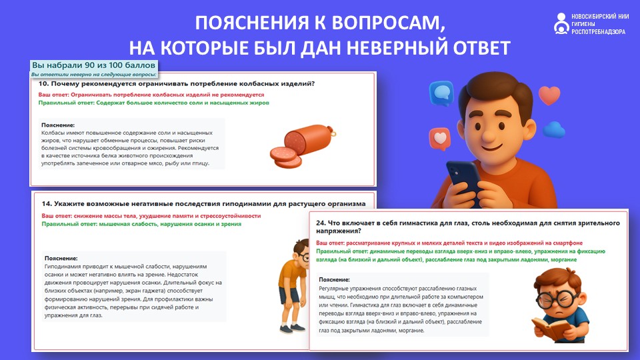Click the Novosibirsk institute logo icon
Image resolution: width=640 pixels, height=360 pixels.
click(561, 24)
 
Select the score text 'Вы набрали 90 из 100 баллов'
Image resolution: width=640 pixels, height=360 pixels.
click(94, 65)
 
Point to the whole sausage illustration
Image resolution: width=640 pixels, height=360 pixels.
click(303, 146)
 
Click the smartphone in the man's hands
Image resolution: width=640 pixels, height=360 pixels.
click(464, 179)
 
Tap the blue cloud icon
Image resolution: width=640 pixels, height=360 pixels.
click(554, 130)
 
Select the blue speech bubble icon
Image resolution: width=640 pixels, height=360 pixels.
click(441, 93)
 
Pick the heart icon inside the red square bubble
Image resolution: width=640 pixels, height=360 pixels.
click(440, 137)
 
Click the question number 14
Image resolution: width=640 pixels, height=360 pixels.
click(47, 204)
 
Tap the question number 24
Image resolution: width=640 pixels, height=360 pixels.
click(321, 223)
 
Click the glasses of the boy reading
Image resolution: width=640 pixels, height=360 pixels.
click(555, 300)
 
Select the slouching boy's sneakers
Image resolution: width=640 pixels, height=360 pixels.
click(292, 328)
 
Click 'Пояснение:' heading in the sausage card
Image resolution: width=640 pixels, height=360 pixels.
click(58, 125)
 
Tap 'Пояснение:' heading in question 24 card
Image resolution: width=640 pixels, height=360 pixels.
click(334, 279)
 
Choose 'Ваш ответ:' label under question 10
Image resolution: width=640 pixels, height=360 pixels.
click(53, 95)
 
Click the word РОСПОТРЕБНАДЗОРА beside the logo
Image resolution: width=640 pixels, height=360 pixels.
click(598, 32)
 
